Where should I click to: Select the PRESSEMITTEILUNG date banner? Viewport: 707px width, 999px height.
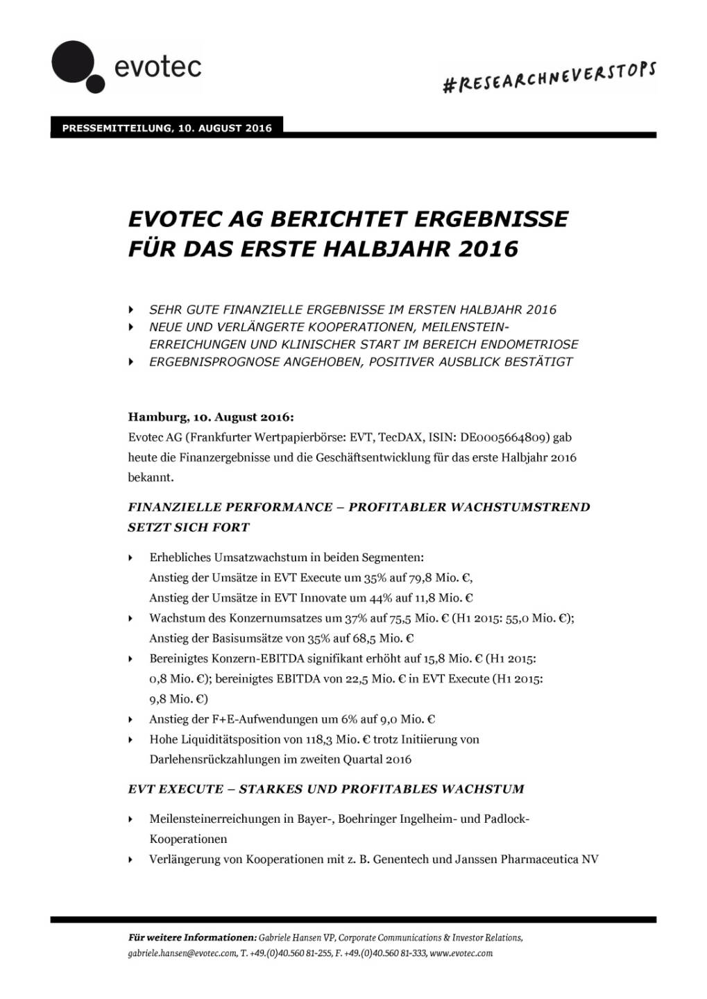pos(167,128)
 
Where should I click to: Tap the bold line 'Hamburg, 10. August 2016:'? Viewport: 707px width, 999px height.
pos(211,418)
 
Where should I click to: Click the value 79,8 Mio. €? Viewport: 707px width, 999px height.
pos(441,577)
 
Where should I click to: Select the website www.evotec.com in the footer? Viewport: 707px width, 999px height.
pos(461,953)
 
